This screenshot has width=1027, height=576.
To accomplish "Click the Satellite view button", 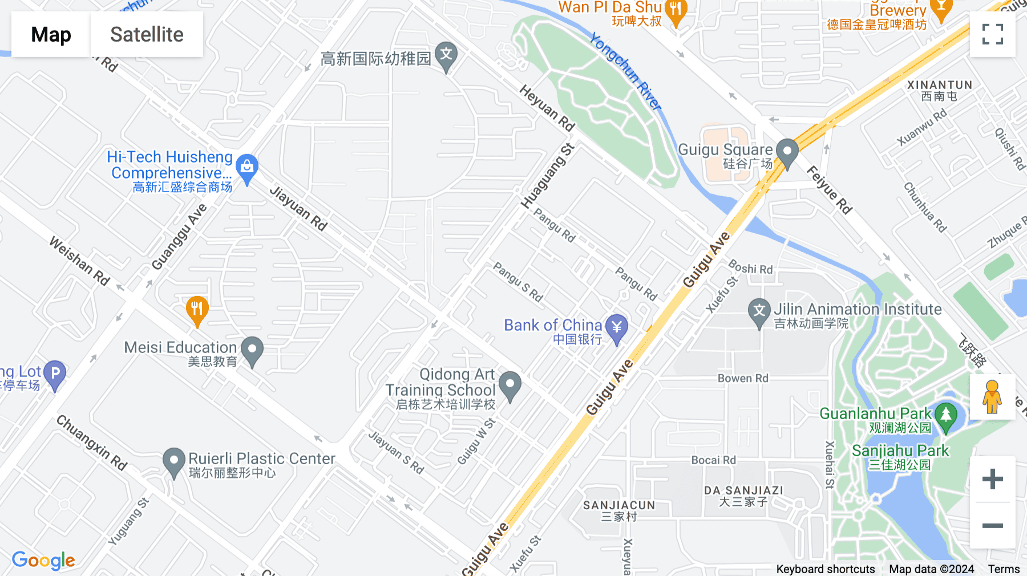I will tap(147, 34).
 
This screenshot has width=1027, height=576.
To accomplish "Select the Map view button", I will tap(51, 34).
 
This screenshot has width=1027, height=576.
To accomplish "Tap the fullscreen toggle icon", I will tap(992, 34).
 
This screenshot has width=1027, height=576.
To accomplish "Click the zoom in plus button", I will tap(992, 479).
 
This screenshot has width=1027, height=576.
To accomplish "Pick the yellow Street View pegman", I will tap(992, 397).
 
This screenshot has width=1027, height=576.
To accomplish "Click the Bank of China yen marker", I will tap(616, 328).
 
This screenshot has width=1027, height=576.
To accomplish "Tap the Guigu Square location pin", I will tap(787, 152).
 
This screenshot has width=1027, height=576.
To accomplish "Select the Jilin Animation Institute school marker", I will tap(759, 312).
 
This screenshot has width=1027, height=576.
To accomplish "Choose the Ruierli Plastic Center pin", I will tap(174, 461).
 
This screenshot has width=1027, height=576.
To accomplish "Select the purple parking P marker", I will tap(55, 374).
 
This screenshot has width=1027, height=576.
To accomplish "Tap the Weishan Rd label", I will tap(79, 261).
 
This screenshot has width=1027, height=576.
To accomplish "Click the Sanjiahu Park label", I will tap(900, 451).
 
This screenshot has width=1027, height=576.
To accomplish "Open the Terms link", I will tap(1004, 569).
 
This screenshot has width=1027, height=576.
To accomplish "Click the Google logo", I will tap(43, 560).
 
